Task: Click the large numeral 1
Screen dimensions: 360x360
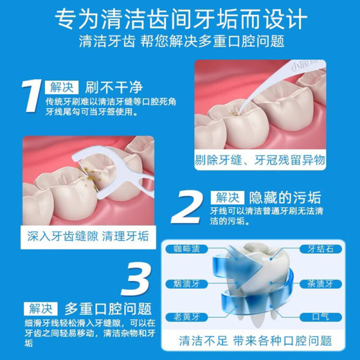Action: [x=32, y=96]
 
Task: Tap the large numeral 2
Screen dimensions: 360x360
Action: [x=187, y=207]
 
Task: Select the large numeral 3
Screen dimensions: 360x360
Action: [x=136, y=279]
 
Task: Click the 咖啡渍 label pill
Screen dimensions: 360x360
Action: [x=187, y=249]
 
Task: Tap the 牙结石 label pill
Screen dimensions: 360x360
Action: [x=321, y=249]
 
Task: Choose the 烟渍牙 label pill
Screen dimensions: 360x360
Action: [x=187, y=284]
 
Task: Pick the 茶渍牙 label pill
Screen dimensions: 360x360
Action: [x=321, y=284]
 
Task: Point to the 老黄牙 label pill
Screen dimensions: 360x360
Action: [x=187, y=317]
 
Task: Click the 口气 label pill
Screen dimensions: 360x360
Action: [x=321, y=317]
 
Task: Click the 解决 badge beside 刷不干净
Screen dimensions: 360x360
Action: [x=62, y=87]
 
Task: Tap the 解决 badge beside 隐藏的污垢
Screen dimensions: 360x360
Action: [x=227, y=197]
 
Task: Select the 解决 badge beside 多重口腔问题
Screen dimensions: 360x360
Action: [x=41, y=308]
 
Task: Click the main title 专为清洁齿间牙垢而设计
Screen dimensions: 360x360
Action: [x=181, y=19]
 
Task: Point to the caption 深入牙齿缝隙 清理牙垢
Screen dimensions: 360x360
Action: [x=88, y=236]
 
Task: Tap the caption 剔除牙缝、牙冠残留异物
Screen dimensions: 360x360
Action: [x=260, y=160]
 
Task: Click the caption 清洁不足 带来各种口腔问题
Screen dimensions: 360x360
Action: [x=256, y=340]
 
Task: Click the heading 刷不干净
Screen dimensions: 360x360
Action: [x=114, y=88]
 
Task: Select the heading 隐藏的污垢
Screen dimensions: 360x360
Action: [x=285, y=197]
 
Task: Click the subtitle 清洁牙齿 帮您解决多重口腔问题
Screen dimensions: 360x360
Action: [x=182, y=41]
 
